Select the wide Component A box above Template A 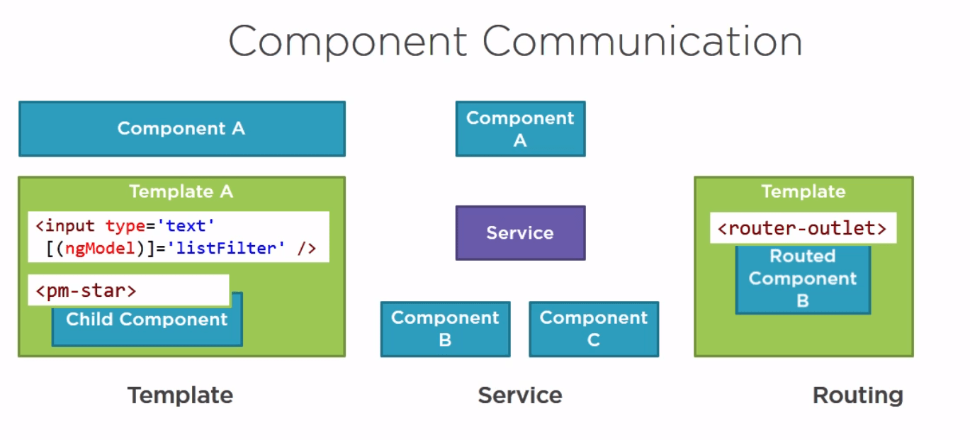point(181,128)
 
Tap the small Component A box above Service point(520,129)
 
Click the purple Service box point(520,233)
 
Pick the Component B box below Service point(445,329)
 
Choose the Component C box point(594,329)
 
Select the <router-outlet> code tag point(802,229)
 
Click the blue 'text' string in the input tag point(186,226)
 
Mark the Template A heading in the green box point(181,191)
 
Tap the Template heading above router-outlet point(803,191)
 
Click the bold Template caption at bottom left point(180,395)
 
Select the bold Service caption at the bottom point(520,395)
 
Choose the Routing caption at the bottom point(857,395)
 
